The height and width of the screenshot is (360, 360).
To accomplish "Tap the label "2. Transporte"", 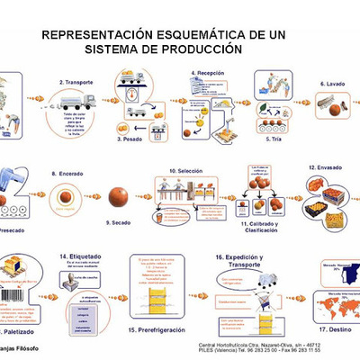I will coord(78,82).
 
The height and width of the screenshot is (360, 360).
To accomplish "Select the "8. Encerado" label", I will coord(67,171).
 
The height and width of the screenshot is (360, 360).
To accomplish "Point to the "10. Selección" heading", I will coord(187,171).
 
